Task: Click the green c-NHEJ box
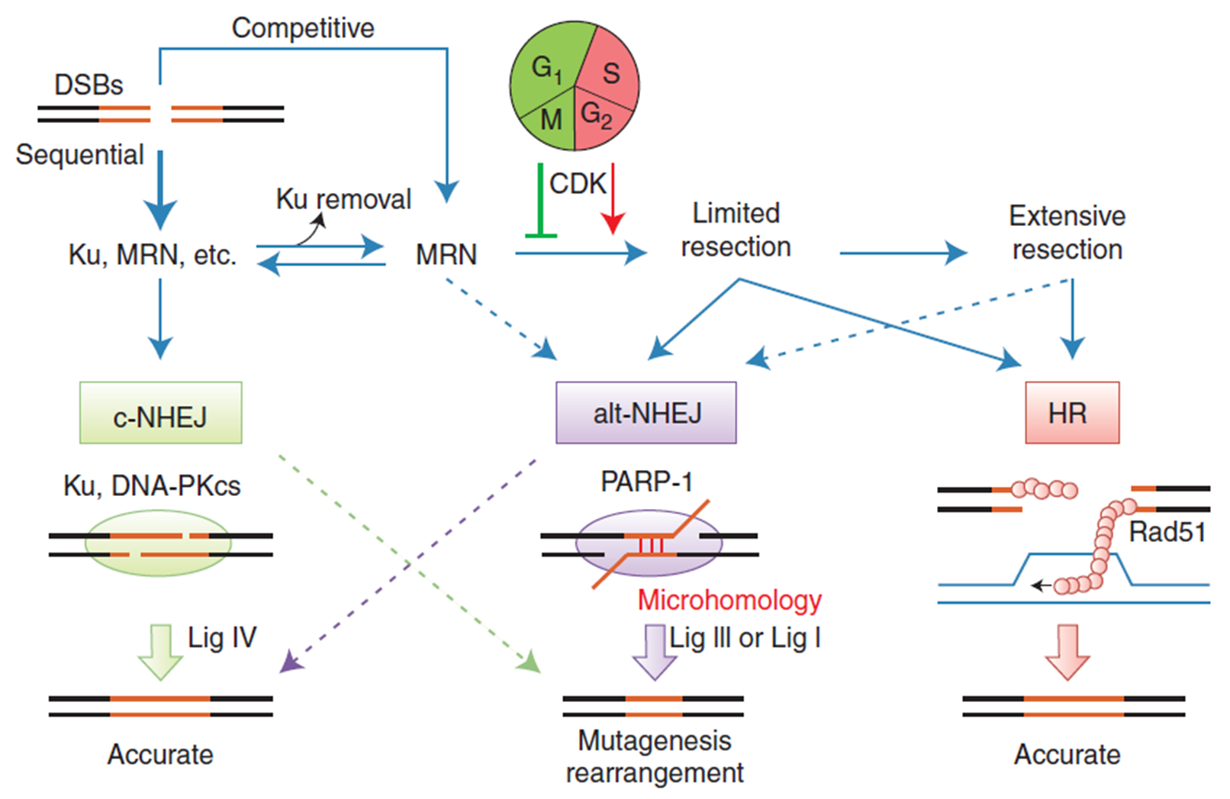point(160,412)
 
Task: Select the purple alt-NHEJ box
point(646,412)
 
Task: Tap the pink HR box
point(1072,412)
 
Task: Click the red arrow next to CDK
point(613,198)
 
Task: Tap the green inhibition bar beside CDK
point(541,201)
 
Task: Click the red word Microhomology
point(729,600)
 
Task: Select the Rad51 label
point(1167,532)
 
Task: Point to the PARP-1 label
point(646,482)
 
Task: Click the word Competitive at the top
point(303,28)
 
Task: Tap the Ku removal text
point(343,198)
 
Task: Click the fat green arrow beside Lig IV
point(159,652)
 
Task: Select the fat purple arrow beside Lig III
point(655,652)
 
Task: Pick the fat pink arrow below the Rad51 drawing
point(1067,652)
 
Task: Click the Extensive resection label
point(1067,233)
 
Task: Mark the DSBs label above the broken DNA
point(89,85)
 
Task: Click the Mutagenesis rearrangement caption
point(655,757)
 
